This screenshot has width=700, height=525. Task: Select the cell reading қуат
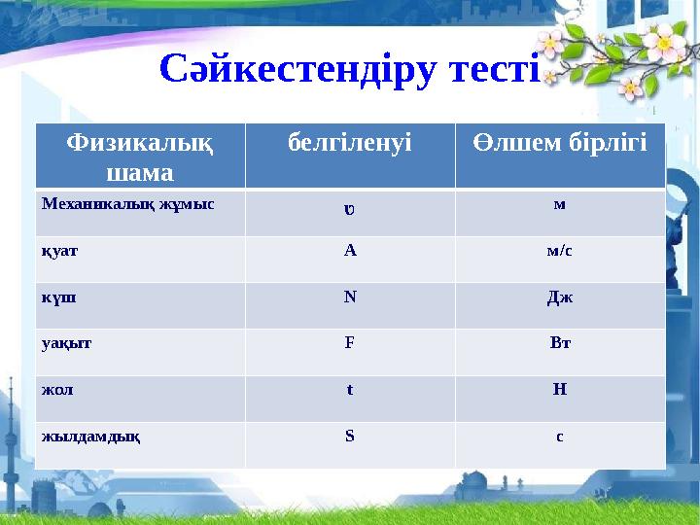tap(58, 250)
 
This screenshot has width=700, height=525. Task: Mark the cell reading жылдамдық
tap(90, 436)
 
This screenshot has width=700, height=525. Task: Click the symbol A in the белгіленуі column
tap(350, 250)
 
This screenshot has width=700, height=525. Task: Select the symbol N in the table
tap(350, 297)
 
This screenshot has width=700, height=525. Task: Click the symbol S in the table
tap(350, 436)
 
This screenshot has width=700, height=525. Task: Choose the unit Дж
tap(559, 297)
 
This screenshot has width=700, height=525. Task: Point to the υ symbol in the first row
tap(350, 207)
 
